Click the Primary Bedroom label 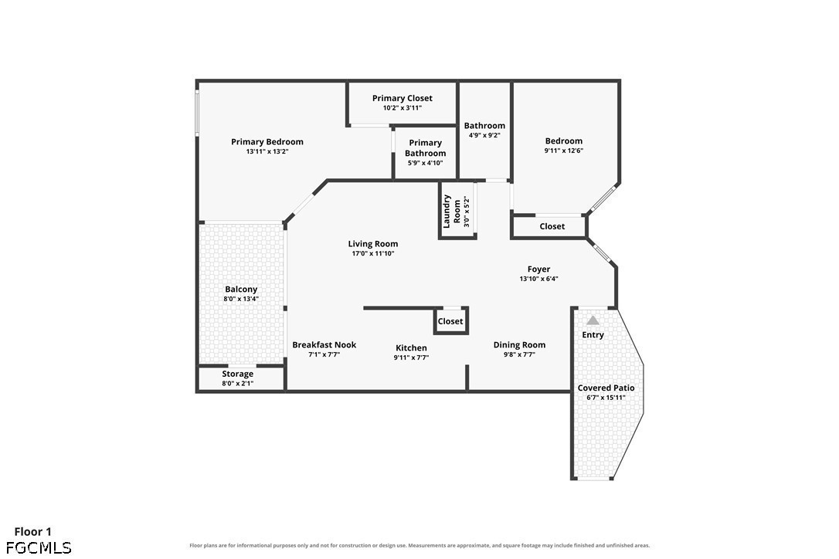click(x=267, y=142)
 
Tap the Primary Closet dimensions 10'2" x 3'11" click(x=403, y=108)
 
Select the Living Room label click(x=373, y=244)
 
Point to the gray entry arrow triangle click(x=593, y=320)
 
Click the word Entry click(x=593, y=335)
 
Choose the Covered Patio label click(x=606, y=388)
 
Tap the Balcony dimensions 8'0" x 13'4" click(x=241, y=299)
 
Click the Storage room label click(x=238, y=374)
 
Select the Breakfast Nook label click(x=324, y=345)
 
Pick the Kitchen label click(x=412, y=348)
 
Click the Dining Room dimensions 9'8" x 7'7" click(x=520, y=354)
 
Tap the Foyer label click(x=538, y=269)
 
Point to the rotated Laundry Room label click(x=452, y=212)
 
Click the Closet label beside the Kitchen click(x=450, y=321)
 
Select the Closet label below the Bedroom click(x=552, y=226)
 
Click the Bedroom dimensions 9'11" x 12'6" click(x=564, y=151)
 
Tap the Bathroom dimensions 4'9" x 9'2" click(x=484, y=135)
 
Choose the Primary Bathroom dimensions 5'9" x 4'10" click(x=426, y=163)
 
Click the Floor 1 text click(x=32, y=532)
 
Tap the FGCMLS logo click(x=39, y=547)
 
